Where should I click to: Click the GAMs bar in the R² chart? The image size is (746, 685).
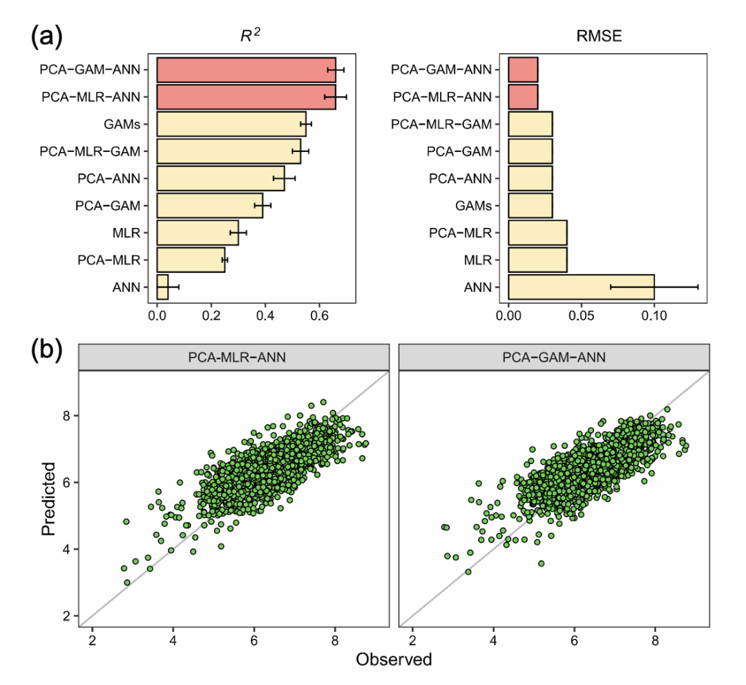click(x=231, y=124)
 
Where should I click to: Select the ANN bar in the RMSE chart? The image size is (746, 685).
click(x=581, y=286)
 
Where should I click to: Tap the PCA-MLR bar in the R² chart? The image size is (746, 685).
click(x=191, y=260)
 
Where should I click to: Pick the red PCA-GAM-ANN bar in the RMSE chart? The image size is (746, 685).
click(x=523, y=69)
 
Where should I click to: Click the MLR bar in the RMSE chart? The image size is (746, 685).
click(x=537, y=260)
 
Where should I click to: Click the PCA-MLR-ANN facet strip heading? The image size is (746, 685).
click(x=234, y=358)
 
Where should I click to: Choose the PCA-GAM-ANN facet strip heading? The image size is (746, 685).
click(x=554, y=358)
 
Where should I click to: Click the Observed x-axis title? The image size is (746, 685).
click(x=394, y=659)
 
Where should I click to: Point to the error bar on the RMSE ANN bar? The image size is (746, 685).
click(x=654, y=286)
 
